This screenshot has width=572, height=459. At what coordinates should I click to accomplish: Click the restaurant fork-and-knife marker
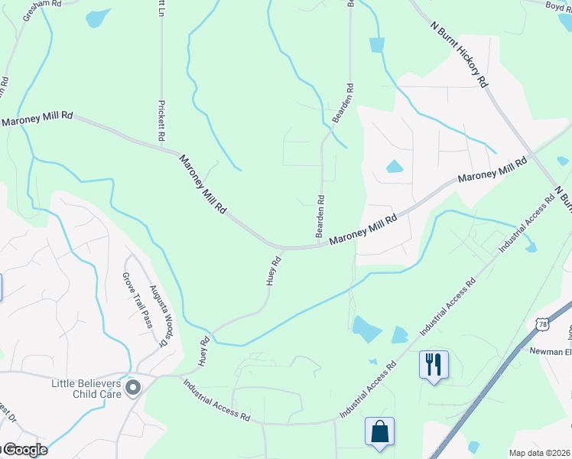[434, 363]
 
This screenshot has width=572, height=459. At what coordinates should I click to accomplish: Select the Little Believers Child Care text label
[88, 389]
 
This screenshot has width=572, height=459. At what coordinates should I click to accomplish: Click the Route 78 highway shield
[542, 324]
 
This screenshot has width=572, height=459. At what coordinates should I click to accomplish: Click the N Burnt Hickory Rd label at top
[459, 55]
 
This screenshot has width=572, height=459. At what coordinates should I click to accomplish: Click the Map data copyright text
[540, 453]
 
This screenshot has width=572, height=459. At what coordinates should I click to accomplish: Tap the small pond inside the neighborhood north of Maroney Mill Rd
[395, 166]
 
